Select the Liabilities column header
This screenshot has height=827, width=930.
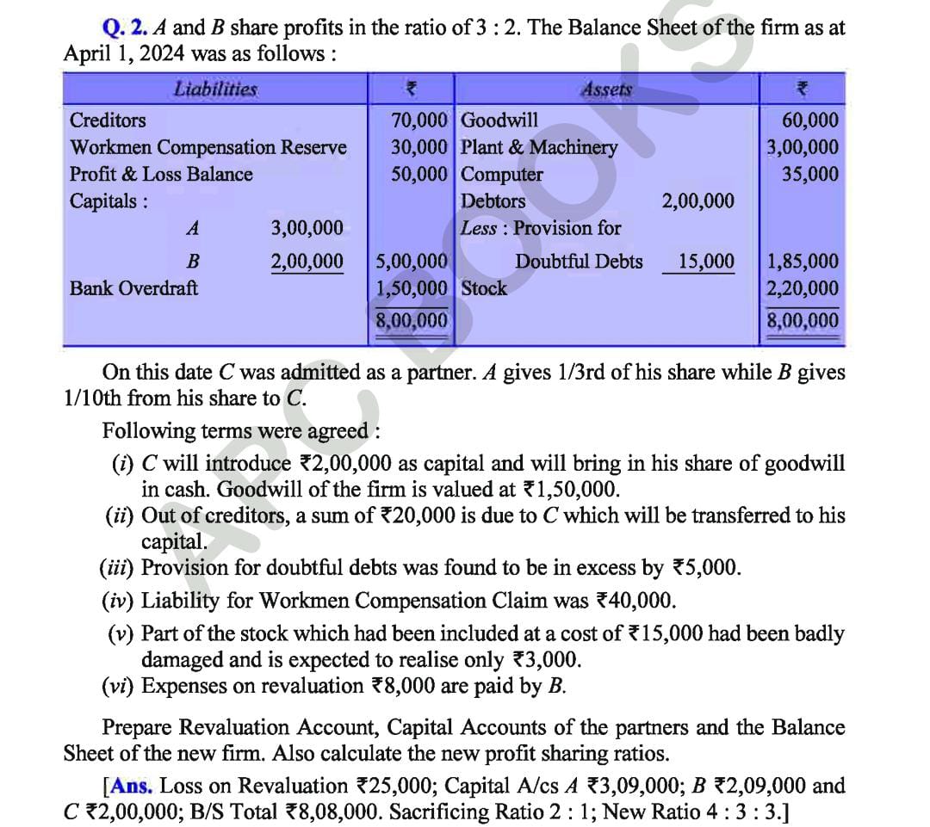pos(215,89)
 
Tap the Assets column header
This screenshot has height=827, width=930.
pos(607,89)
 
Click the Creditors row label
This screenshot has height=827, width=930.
pos(108,120)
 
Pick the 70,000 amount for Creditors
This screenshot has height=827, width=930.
pos(419,120)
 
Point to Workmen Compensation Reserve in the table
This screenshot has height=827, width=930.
pos(208,147)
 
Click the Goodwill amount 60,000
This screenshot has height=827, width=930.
pos(809,120)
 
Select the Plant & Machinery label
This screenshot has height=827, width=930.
pos(540,147)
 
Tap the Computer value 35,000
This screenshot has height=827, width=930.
pos(809,174)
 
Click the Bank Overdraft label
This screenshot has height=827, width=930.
pos(133,287)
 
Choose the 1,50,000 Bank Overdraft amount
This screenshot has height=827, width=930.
pos(412,287)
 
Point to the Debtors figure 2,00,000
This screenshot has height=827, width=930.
pos(697,201)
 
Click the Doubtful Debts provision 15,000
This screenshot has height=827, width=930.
pos(706,261)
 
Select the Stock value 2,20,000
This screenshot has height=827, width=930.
pos(803,287)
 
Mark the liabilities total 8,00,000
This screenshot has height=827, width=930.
pos(412,321)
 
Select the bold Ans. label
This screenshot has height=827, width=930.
pos(131,786)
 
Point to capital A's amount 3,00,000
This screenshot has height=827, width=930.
pos(307,228)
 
